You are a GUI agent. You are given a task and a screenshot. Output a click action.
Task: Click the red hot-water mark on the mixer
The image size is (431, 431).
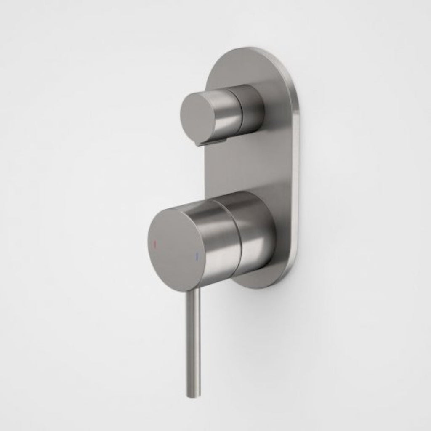(154, 244)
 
